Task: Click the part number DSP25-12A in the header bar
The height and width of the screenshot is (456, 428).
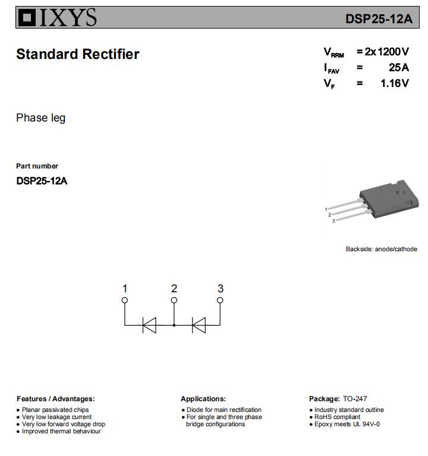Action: (379, 18)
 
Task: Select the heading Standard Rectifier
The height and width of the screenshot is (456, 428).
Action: (77, 54)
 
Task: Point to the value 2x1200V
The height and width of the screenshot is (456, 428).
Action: (386, 52)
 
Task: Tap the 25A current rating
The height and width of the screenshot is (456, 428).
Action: (398, 67)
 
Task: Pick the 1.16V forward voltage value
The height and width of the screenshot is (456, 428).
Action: (394, 83)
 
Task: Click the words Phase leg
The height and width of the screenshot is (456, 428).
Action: (40, 118)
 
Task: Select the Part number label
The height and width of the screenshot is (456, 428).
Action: (37, 166)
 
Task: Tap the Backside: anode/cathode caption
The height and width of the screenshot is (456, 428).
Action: (381, 249)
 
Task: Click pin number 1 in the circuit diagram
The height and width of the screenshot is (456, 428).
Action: (125, 289)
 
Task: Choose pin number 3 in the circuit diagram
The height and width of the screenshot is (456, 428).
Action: (221, 289)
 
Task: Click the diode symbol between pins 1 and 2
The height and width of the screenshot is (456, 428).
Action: (149, 325)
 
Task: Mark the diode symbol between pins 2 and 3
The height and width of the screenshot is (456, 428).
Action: (198, 325)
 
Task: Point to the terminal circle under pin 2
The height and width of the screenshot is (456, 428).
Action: (174, 300)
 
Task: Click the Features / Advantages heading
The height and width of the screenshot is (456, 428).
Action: (55, 399)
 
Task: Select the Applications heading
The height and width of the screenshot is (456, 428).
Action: (203, 399)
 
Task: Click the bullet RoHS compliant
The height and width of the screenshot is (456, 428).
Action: (337, 417)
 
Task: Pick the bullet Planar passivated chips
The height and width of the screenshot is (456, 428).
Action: (55, 410)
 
